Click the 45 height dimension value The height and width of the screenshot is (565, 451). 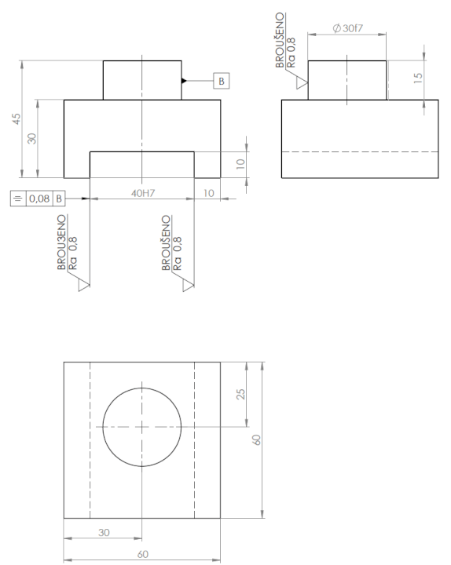16,119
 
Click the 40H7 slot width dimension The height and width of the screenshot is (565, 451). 143,193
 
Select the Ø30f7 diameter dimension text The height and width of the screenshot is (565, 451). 347,28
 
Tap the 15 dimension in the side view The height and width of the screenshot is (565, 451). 417,78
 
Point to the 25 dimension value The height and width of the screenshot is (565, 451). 240,394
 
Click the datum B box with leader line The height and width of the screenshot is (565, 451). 221,81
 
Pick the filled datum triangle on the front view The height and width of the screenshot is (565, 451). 184,81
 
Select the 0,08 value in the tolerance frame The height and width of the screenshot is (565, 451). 39,199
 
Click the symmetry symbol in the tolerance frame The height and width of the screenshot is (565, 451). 18,199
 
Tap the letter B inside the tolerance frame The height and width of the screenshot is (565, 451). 59,199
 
